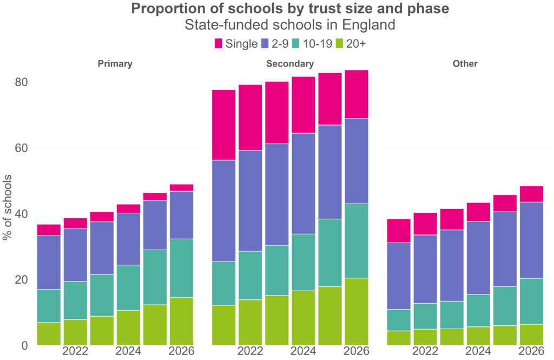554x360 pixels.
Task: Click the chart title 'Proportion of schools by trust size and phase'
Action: point(290,9)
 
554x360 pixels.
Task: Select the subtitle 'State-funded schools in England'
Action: point(290,25)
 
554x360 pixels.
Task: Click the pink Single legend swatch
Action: point(219,44)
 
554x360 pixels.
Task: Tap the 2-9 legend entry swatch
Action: point(266,44)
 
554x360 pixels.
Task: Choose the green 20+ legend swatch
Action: point(341,44)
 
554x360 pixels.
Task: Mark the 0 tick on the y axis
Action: point(24,345)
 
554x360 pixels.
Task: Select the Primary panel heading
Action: point(115,64)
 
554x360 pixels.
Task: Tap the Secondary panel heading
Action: point(290,64)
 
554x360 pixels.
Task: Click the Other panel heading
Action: point(465,64)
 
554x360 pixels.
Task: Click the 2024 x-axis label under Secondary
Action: point(304,351)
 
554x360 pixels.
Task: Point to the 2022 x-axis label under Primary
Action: point(75,351)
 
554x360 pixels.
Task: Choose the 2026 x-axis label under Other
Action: point(531,351)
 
